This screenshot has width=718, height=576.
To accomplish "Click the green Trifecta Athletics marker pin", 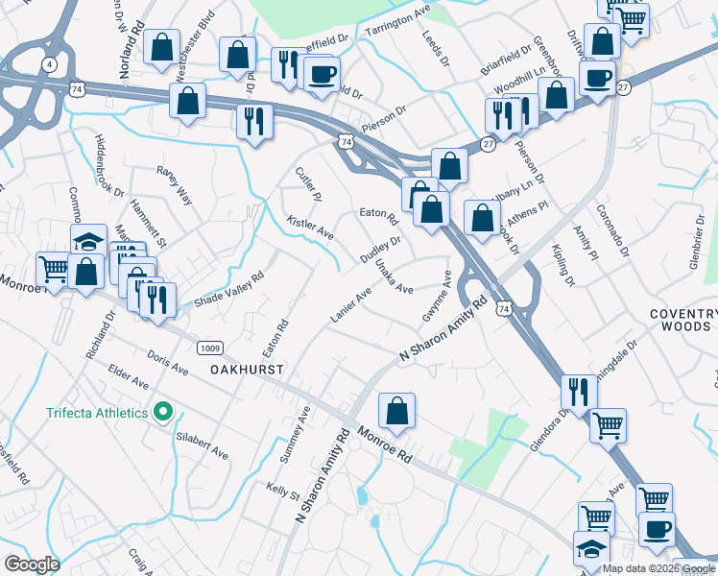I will (163, 414).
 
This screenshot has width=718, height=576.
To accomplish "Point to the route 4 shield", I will (48, 64).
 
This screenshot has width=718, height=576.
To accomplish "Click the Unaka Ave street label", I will (394, 276).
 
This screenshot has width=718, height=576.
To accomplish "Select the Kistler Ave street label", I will (310, 228).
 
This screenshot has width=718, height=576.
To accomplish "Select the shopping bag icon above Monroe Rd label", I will (396, 412).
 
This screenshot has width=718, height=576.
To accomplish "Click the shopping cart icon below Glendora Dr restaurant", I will (608, 424).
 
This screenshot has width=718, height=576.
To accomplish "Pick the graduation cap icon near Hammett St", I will (88, 241).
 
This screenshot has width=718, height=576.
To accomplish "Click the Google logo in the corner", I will (32, 564).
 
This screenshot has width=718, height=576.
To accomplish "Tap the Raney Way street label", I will (175, 184).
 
